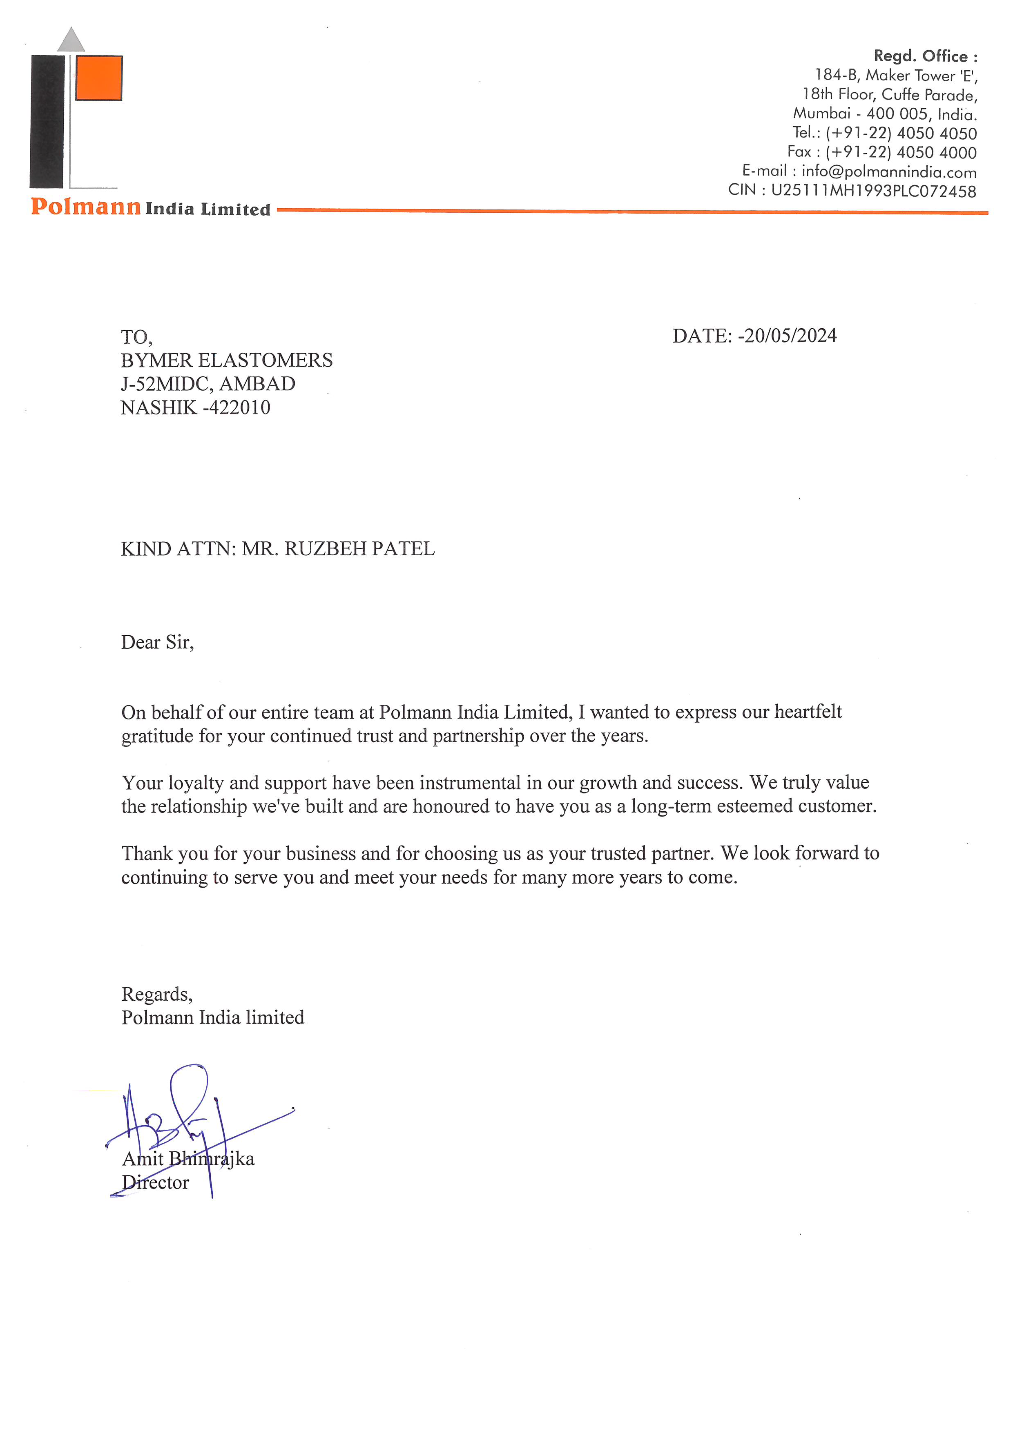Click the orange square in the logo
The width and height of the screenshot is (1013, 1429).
pyautogui.click(x=98, y=78)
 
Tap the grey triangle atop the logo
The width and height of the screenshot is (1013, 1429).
pyautogui.click(x=71, y=40)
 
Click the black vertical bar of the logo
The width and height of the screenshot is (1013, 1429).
pyautogui.click(x=47, y=122)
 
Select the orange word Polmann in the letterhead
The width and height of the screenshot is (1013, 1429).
pyautogui.click(x=86, y=206)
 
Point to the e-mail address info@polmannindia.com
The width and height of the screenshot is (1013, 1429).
pyautogui.click(x=889, y=171)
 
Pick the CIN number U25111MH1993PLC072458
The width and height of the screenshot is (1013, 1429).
pyautogui.click(x=873, y=191)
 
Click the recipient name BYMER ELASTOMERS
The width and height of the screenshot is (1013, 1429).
pyautogui.click(x=226, y=361)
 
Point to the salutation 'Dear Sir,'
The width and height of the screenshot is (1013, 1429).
pyautogui.click(x=157, y=642)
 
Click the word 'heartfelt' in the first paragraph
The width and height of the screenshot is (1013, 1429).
pyautogui.click(x=808, y=712)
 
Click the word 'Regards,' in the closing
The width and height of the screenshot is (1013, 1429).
pyautogui.click(x=156, y=994)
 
